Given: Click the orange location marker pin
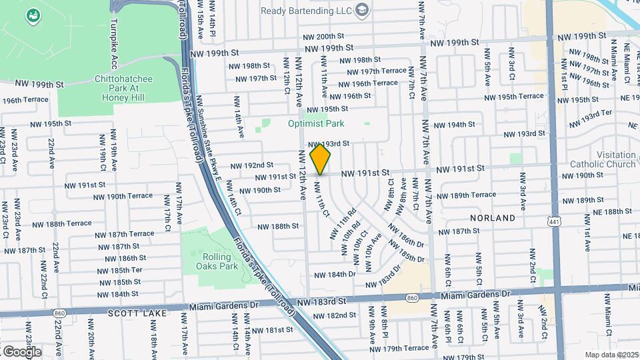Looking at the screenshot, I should tap(320, 159).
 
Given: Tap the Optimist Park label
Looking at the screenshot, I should tap(316, 123).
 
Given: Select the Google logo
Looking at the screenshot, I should tap(21, 351).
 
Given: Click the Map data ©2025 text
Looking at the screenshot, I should tap(611, 355).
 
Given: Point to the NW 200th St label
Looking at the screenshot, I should tap(323, 37).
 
